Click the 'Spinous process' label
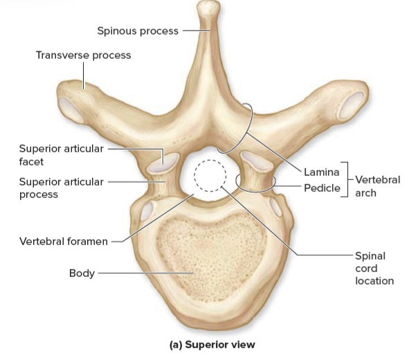[x=138, y=30]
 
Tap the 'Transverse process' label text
[x=83, y=55]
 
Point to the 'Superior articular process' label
[x=61, y=188]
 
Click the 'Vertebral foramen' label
[x=63, y=242]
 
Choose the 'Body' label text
[x=81, y=273]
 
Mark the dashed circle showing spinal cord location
[x=209, y=177]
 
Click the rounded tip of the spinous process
[x=208, y=9]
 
